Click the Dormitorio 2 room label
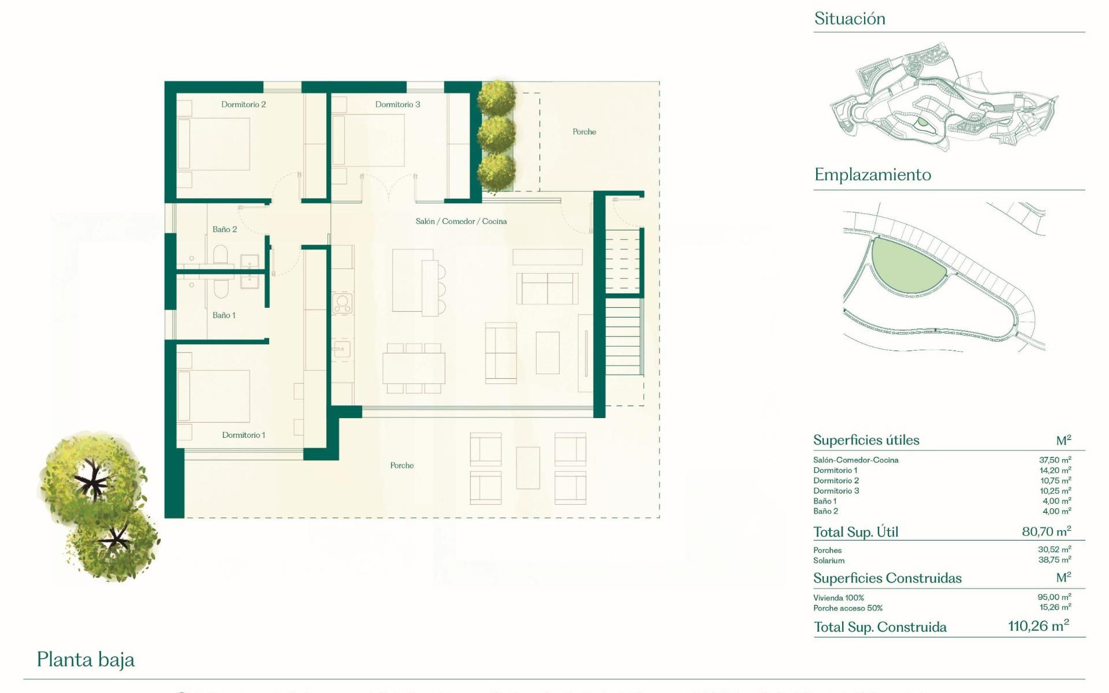(x=243, y=105)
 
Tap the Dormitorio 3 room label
(x=397, y=105)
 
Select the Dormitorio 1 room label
(x=243, y=435)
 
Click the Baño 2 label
(x=225, y=229)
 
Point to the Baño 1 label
(x=224, y=315)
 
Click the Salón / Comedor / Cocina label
(x=461, y=221)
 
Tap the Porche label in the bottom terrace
(x=401, y=465)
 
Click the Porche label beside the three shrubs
(x=584, y=132)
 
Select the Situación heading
(x=849, y=18)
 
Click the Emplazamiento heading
(x=872, y=174)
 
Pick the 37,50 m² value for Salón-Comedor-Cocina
(x=1055, y=460)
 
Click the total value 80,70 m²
(x=1046, y=531)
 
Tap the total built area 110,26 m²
(x=1038, y=626)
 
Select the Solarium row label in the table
(x=828, y=561)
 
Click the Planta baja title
(x=85, y=660)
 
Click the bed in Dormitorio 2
(x=214, y=144)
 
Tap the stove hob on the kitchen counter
(x=343, y=303)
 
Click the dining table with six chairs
(x=414, y=368)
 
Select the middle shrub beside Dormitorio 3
(x=496, y=133)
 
